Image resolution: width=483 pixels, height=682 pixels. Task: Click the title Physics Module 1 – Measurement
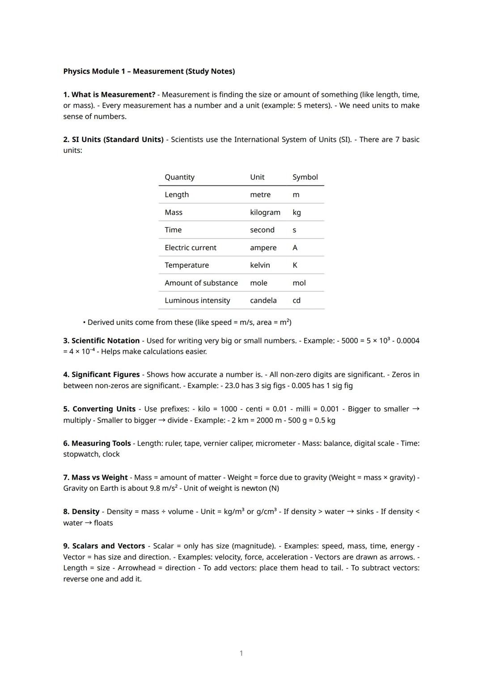(x=149, y=71)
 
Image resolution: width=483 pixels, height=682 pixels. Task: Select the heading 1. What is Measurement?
(x=109, y=95)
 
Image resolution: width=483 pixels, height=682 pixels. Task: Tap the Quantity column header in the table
(x=179, y=177)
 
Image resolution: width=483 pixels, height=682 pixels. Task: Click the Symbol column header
(x=305, y=177)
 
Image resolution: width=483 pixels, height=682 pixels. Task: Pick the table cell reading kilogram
(x=265, y=213)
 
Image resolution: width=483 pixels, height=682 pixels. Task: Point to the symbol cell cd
(x=297, y=301)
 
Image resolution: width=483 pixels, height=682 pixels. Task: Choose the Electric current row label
(x=190, y=248)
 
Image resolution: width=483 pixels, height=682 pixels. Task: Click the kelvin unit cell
(x=260, y=265)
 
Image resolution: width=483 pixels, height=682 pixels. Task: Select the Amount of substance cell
(x=201, y=283)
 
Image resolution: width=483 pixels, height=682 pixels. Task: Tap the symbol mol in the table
(x=299, y=283)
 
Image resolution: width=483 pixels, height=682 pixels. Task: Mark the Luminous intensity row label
(x=197, y=301)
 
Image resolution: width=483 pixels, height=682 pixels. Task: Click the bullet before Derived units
(x=84, y=322)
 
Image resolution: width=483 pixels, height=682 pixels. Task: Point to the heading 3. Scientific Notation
(x=102, y=341)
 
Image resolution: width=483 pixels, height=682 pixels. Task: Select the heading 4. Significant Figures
(x=102, y=375)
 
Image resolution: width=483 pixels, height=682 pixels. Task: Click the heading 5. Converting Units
(x=99, y=409)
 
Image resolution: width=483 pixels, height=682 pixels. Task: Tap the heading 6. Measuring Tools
(x=97, y=444)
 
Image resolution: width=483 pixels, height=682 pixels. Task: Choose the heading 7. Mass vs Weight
(x=95, y=477)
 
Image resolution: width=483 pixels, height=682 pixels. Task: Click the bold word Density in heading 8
(x=85, y=512)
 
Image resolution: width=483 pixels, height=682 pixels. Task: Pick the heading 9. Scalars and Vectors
(x=104, y=546)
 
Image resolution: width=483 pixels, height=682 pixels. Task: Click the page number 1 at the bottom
(x=241, y=653)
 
